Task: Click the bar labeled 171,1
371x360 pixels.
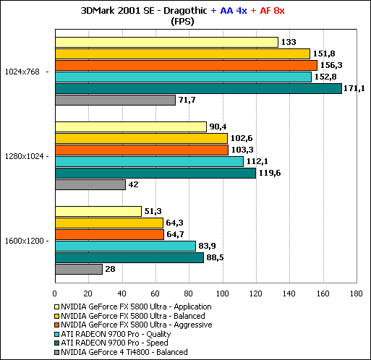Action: (198, 88)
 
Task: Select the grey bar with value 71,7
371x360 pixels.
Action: (115, 100)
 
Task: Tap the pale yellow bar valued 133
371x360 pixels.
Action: (166, 42)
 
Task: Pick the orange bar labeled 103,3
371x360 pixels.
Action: (142, 150)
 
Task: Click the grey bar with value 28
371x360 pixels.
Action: (79, 269)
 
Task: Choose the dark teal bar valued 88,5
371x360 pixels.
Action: (129, 257)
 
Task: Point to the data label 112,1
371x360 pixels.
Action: (257, 161)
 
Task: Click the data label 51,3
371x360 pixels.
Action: (153, 211)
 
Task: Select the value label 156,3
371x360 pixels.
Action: (331, 65)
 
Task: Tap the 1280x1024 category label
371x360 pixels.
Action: (24, 156)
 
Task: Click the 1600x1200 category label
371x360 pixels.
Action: (24, 241)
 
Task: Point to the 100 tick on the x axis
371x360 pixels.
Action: (222, 293)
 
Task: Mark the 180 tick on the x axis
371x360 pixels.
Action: (356, 293)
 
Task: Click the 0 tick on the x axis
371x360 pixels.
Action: (55, 293)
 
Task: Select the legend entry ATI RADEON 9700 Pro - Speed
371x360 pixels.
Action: (111, 343)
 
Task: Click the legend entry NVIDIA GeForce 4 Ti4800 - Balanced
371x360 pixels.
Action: (121, 352)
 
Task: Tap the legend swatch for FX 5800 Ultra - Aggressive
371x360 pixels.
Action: (57, 325)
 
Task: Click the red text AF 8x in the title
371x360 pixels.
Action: (272, 11)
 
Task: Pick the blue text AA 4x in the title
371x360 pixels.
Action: (234, 11)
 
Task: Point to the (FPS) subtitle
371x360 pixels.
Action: (182, 22)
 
